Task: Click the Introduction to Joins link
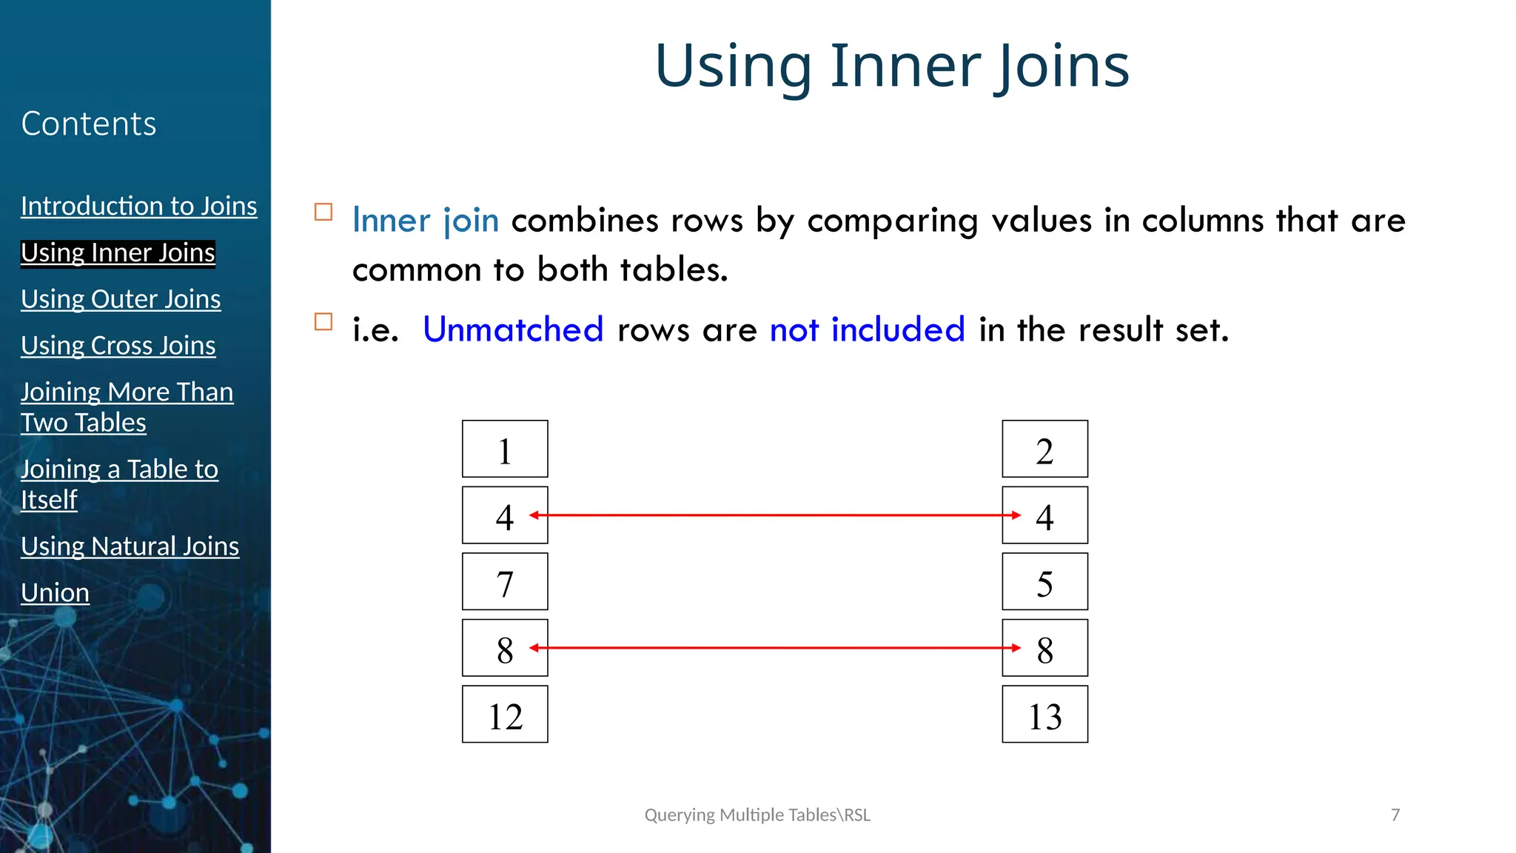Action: [x=138, y=206]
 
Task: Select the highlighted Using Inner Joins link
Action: [x=118, y=252]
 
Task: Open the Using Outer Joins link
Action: [x=121, y=299]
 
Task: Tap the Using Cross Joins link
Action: [x=118, y=346]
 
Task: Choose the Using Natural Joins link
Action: [x=130, y=546]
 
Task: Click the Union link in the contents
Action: [x=55, y=593]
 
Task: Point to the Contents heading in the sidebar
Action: [x=89, y=124]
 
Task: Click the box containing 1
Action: [x=505, y=449]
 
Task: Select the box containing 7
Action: [x=505, y=582]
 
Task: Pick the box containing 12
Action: [x=505, y=715]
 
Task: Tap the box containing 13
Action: [x=1044, y=715]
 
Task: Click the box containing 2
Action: [x=1044, y=449]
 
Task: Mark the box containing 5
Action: [x=1044, y=582]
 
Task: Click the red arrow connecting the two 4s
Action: [x=774, y=515]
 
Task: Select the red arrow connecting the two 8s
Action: [x=774, y=648]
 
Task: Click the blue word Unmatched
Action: [x=513, y=330]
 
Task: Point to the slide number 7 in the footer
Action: [x=1395, y=815]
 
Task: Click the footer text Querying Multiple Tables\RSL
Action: [x=757, y=815]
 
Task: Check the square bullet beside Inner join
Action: [x=323, y=213]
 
